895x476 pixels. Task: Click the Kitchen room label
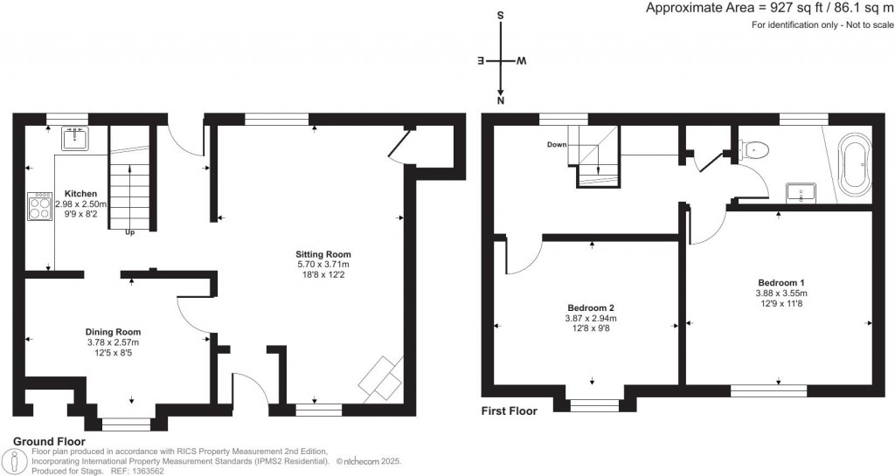pyautogui.click(x=80, y=193)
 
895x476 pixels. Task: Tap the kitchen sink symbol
pyautogui.click(x=73, y=136)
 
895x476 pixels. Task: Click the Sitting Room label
pyautogui.click(x=323, y=254)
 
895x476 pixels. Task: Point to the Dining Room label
pyautogui.click(x=113, y=332)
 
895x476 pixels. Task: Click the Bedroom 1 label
pyautogui.click(x=781, y=282)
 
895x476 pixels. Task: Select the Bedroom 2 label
pyautogui.click(x=591, y=308)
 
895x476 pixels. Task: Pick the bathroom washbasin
pyautogui.click(x=801, y=192)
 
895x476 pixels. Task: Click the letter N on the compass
pyautogui.click(x=500, y=102)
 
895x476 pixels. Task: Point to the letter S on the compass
pyautogui.click(x=500, y=16)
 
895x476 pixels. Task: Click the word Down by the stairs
pyautogui.click(x=558, y=144)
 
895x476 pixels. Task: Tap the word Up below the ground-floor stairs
pyautogui.click(x=131, y=233)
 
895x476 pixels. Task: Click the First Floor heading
pyautogui.click(x=510, y=410)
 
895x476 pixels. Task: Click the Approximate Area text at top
pyautogui.click(x=768, y=8)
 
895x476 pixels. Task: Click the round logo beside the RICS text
pyautogui.click(x=15, y=461)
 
